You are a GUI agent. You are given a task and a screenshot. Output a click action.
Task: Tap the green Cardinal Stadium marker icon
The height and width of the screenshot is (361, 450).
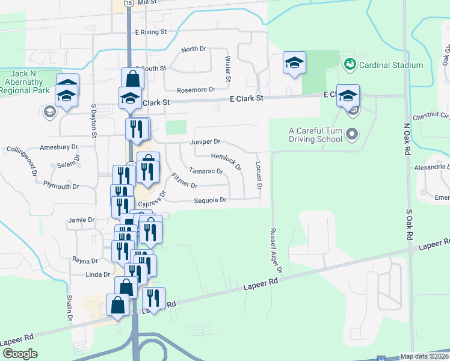[x=350, y=63]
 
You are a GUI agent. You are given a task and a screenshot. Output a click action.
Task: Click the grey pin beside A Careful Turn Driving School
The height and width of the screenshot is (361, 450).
[x=353, y=132]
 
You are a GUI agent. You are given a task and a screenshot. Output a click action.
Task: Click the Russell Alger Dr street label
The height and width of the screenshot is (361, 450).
[x=276, y=250]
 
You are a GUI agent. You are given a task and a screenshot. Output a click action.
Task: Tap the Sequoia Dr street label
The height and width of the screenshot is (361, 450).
[x=210, y=200]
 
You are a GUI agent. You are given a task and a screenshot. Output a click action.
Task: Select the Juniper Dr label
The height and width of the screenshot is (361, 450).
[x=205, y=142]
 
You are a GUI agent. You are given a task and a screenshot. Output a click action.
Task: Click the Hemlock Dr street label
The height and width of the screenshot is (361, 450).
[x=226, y=161]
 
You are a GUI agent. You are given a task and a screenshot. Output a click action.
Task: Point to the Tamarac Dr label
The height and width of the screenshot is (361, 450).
[x=206, y=171]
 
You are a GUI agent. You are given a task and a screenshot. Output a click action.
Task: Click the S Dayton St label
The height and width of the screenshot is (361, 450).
[x=94, y=120]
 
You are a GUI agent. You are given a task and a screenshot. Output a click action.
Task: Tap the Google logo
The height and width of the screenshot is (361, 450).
[x=20, y=354]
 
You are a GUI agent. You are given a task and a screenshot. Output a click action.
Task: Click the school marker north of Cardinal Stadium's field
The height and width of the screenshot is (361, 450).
[x=294, y=63]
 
